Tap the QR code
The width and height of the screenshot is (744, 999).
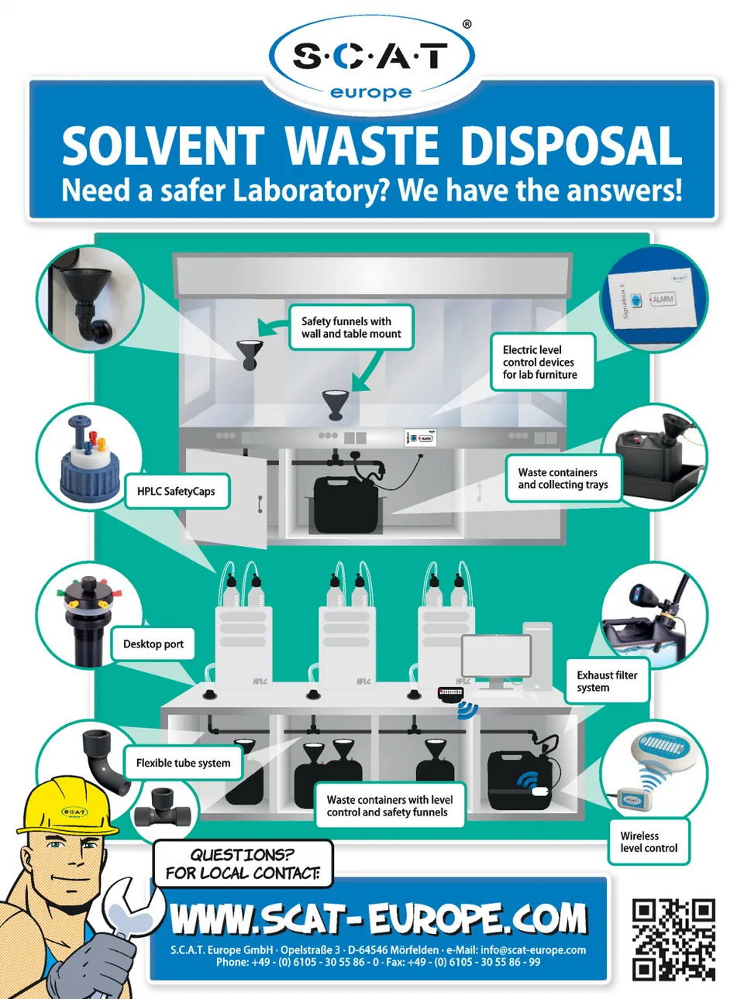[673, 939]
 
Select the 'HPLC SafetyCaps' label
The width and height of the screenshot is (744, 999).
[177, 491]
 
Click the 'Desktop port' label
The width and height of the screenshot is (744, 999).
[153, 644]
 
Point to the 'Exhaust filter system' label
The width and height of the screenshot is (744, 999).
[607, 681]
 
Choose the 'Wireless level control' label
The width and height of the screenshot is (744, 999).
[649, 842]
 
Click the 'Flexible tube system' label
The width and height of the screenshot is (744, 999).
[183, 763]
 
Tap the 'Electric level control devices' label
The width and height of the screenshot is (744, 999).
[540, 362]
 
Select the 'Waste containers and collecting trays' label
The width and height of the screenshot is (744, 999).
[563, 479]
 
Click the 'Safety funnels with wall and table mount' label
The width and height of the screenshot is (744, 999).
[351, 328]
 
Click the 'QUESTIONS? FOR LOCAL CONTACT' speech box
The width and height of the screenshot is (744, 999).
[243, 863]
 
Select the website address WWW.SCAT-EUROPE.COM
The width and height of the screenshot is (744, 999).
[378, 919]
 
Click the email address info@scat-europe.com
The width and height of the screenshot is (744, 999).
[533, 950]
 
